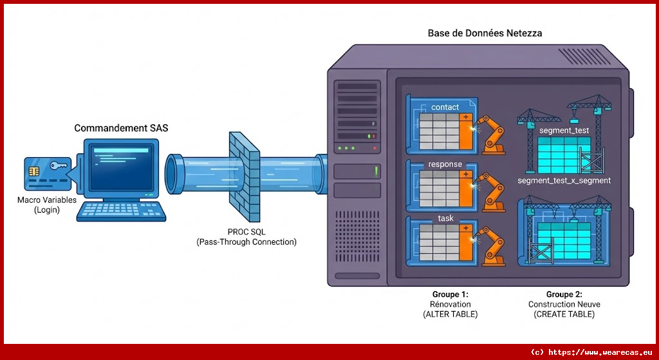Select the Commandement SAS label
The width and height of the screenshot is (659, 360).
coord(121,128)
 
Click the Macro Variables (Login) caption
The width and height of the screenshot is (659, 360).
coord(46,205)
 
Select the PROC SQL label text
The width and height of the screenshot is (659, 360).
coord(246,232)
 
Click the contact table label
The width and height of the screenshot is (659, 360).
coord(445,107)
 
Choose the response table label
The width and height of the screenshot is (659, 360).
coord(445,164)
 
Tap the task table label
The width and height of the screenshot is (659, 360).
coord(445,218)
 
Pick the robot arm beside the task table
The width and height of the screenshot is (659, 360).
coord(492,246)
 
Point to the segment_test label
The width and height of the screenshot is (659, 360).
coord(564,129)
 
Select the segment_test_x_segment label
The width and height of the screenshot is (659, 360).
coord(564,181)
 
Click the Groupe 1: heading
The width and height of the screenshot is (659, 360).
coord(450,294)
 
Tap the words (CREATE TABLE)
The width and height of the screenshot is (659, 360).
coord(564,314)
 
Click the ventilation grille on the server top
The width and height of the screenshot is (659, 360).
coord(583,57)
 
